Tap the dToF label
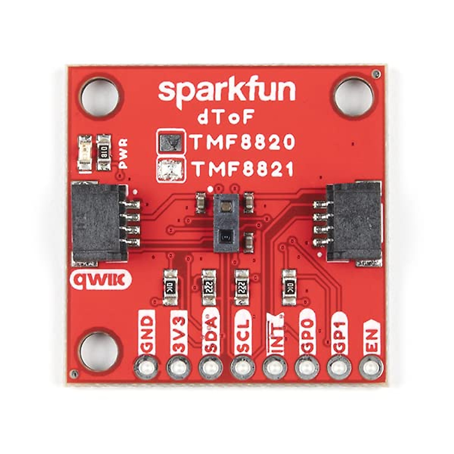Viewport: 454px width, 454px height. (225, 118)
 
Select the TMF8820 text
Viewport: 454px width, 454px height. (243, 142)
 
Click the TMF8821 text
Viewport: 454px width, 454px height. (243, 169)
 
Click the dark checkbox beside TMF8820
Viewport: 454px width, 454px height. (171, 142)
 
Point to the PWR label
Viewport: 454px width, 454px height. (123, 153)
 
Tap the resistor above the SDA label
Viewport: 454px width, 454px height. (208, 287)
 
